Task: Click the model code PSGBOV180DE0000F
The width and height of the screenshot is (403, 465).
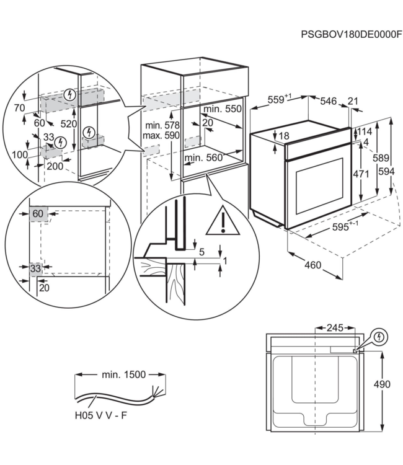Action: tap(352, 34)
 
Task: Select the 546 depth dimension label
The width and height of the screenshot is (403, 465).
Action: tap(329, 101)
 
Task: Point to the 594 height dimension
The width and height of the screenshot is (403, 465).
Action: tap(387, 171)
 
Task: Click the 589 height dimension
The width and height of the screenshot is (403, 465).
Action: tap(381, 157)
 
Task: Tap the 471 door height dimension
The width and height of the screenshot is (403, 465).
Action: tap(361, 174)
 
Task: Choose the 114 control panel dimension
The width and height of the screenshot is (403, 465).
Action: tap(365, 131)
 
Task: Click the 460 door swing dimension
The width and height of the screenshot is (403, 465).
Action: tap(313, 265)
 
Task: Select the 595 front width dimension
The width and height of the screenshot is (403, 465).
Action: tap(345, 226)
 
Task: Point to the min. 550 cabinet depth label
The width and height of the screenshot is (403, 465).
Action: tap(223, 109)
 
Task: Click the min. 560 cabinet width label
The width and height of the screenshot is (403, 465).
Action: tap(203, 157)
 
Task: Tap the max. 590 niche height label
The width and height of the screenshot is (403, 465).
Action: tap(161, 136)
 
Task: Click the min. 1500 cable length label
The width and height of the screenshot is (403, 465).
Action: tap(124, 374)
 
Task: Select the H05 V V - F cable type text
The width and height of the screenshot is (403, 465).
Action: tap(101, 415)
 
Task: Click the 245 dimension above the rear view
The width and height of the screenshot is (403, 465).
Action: tap(335, 328)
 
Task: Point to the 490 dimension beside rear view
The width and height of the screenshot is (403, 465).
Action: tap(382, 384)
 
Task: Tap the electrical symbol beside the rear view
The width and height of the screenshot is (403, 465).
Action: tap(380, 337)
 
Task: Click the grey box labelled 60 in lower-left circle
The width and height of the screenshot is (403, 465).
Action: tap(38, 214)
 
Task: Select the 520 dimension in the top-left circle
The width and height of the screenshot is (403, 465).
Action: tap(69, 123)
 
